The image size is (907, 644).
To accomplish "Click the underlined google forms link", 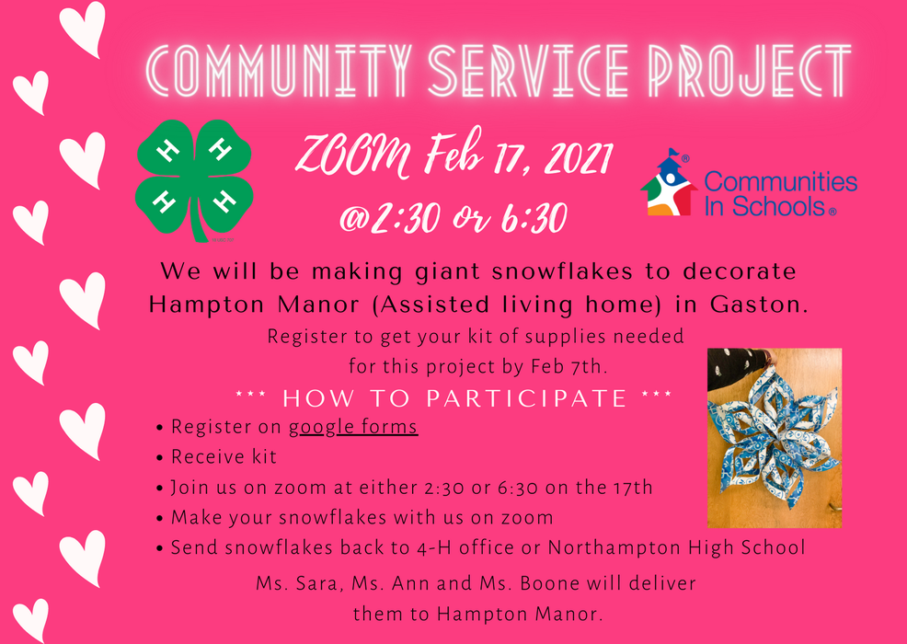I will point(353,427).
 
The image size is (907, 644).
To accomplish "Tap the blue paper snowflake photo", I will point(774,438).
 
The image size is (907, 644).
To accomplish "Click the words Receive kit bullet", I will point(224,457).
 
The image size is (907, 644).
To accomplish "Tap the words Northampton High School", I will point(676,548).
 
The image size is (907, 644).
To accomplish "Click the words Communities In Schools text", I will point(779,194).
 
